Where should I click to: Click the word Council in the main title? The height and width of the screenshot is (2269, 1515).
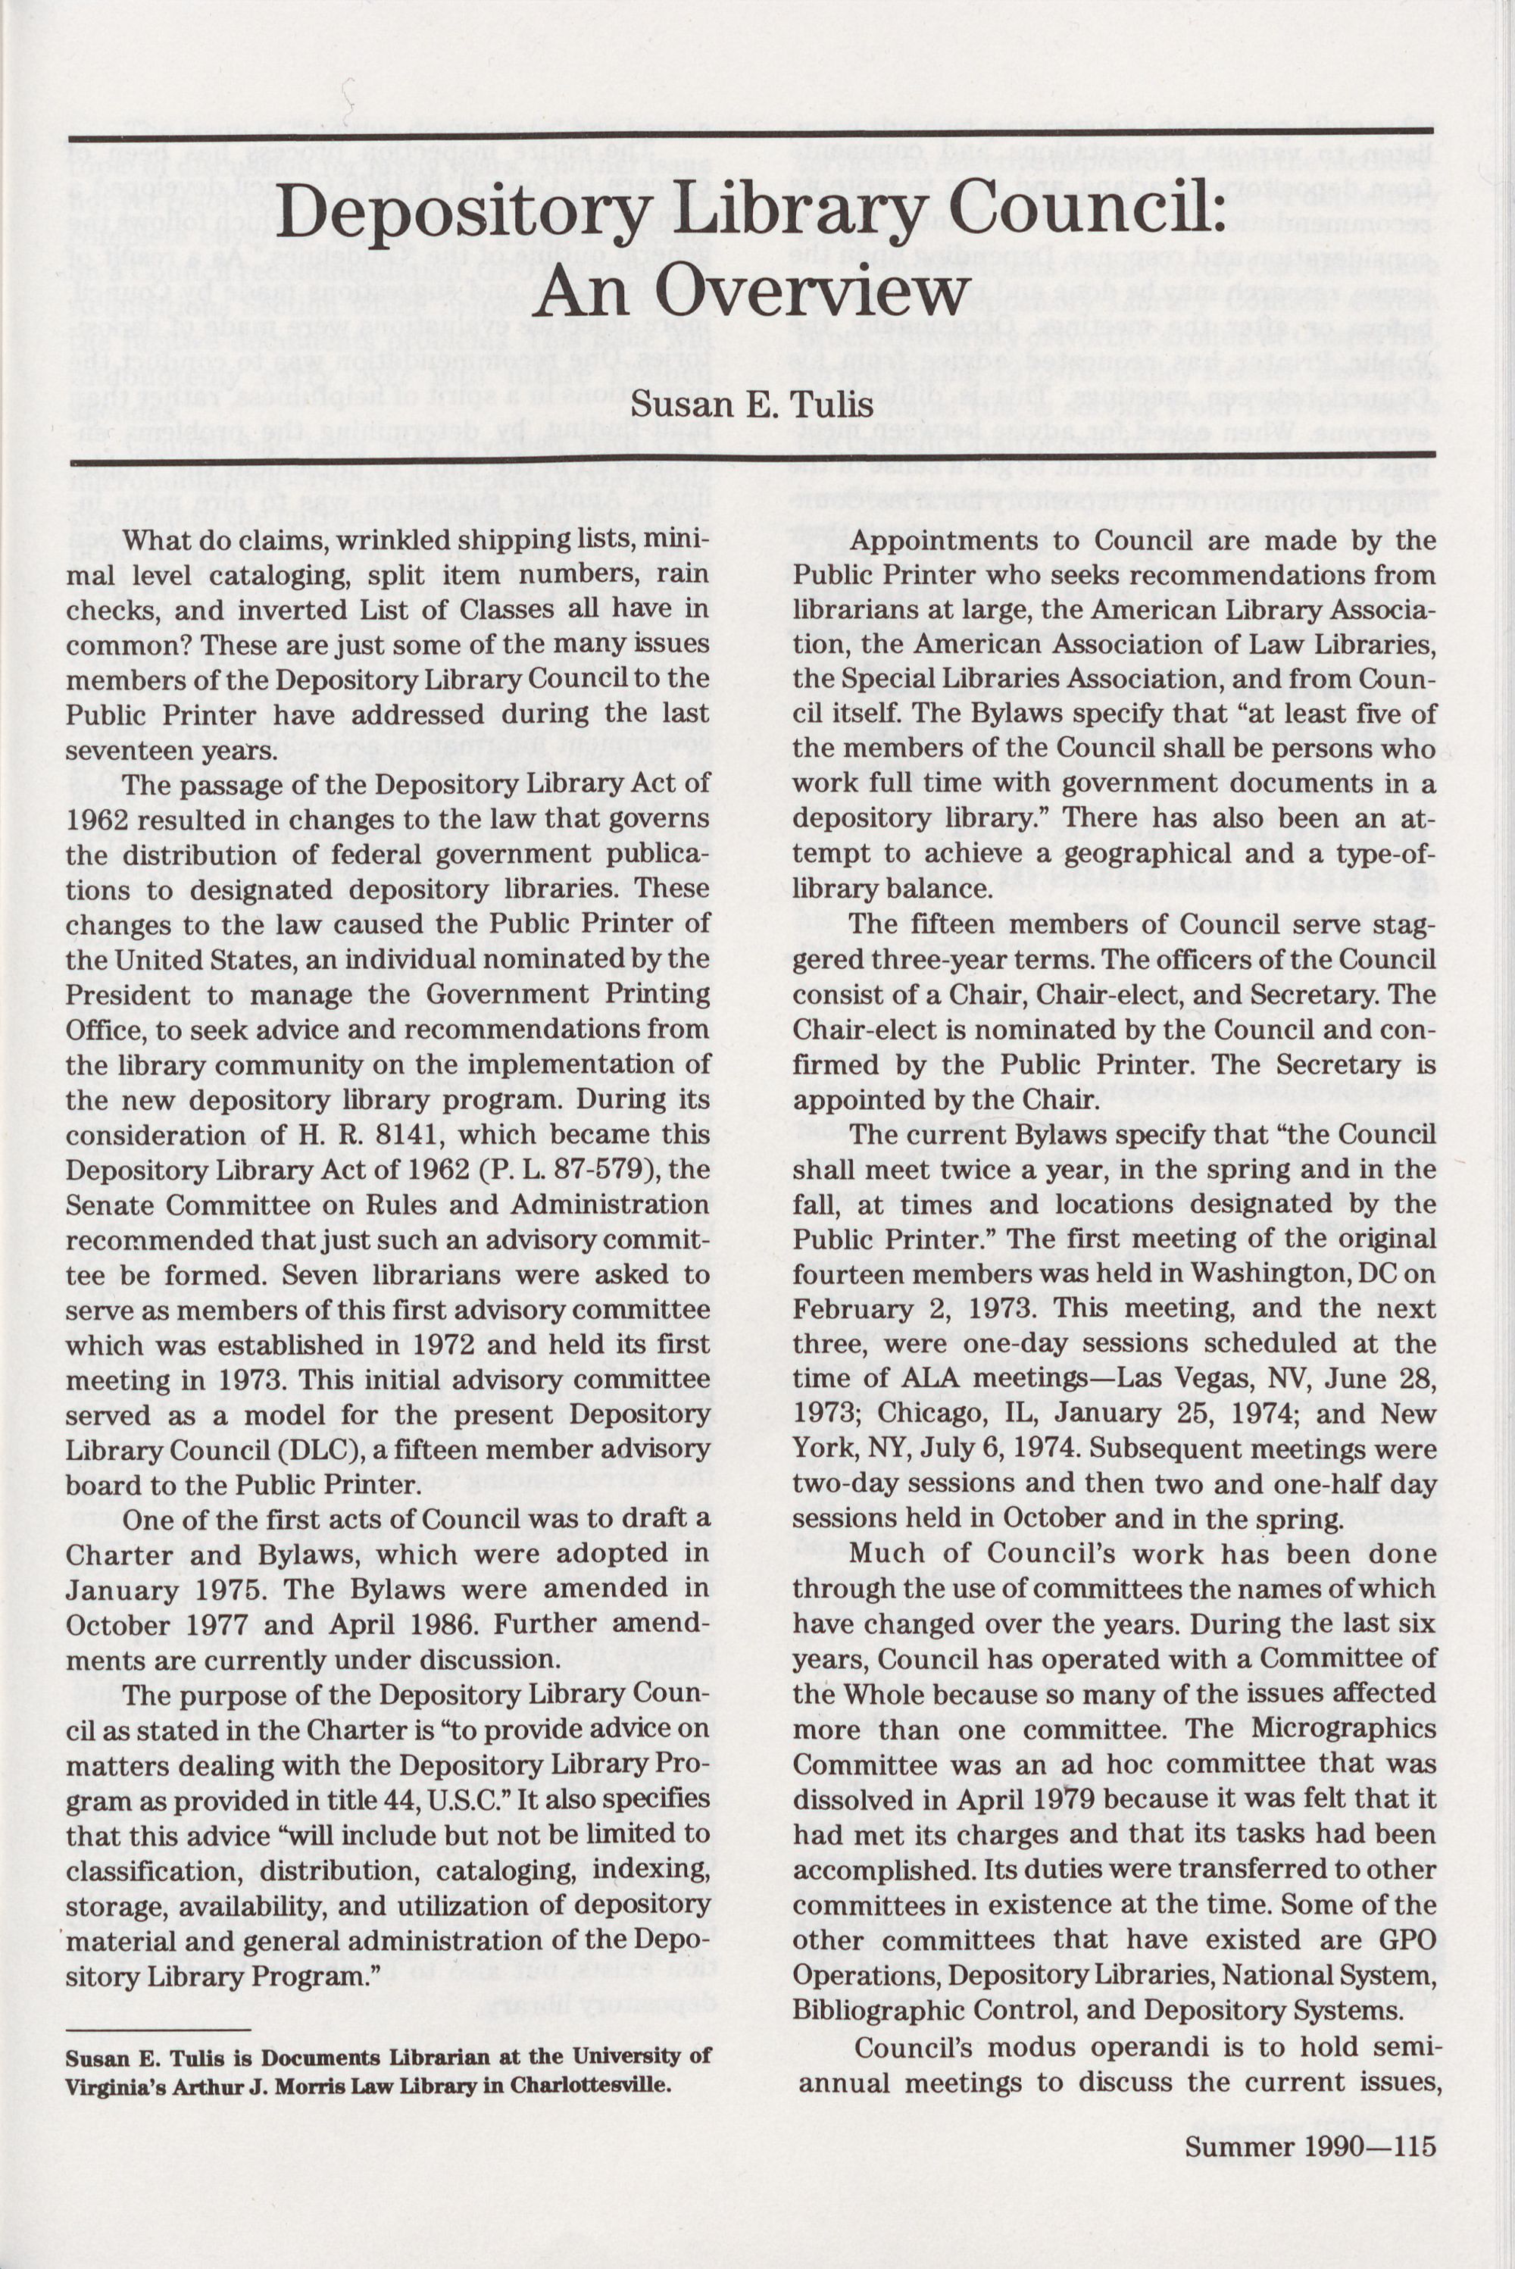coord(1087,201)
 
